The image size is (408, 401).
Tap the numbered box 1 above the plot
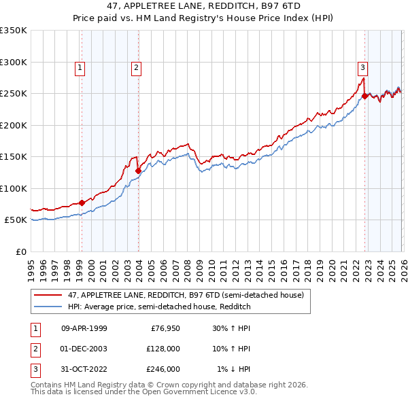pos(80,67)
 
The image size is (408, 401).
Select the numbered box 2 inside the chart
pos(136,67)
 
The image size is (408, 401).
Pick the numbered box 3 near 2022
pos(363,67)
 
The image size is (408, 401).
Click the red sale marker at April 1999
pos(82,203)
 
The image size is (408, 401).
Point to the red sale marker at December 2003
pos(138,171)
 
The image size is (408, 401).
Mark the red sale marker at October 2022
pos(365,96)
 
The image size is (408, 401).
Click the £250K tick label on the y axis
pos(14,94)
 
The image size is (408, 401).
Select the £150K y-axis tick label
pos(14,157)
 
